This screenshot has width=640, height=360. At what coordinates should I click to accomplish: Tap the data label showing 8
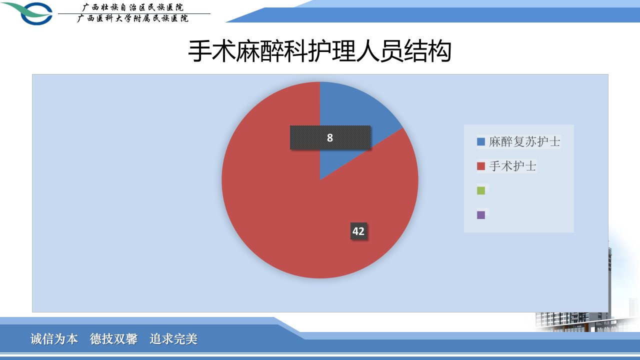pyautogui.click(x=330, y=137)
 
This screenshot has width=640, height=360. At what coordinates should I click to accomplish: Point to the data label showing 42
pyautogui.click(x=358, y=231)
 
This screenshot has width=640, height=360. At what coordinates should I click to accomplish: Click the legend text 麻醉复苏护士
pyautogui.click(x=524, y=141)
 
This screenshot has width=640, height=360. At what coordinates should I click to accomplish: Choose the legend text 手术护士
pyautogui.click(x=512, y=166)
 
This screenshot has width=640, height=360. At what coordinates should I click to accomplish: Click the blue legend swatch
pyautogui.click(x=481, y=141)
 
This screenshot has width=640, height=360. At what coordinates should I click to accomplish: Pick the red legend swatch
pyautogui.click(x=481, y=166)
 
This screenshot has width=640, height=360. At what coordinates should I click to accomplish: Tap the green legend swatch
pyautogui.click(x=481, y=190)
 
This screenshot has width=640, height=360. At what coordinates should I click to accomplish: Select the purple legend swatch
pyautogui.click(x=481, y=215)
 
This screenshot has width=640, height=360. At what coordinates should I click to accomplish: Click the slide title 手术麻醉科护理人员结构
pyautogui.click(x=320, y=51)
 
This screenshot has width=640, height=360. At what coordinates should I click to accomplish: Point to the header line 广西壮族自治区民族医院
pyautogui.click(x=133, y=7)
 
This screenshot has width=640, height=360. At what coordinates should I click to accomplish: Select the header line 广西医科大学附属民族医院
pyautogui.click(x=133, y=18)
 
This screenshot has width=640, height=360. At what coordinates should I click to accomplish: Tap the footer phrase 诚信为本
pyautogui.click(x=54, y=339)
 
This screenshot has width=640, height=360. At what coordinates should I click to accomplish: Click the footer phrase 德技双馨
pyautogui.click(x=113, y=339)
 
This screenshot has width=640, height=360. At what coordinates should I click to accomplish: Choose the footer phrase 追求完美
pyautogui.click(x=173, y=339)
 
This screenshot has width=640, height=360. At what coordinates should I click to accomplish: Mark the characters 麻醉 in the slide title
pyautogui.click(x=260, y=51)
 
